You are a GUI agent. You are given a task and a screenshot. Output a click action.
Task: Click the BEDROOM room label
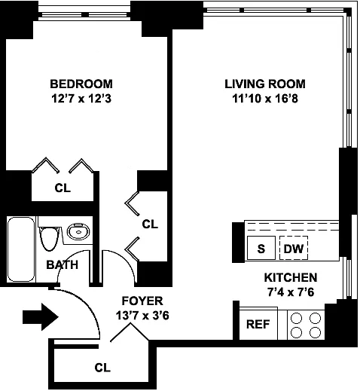tap(81, 84)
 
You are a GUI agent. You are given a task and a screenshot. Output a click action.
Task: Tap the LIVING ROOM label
tap(265, 84)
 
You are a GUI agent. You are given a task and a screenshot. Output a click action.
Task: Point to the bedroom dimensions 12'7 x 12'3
tap(81, 99)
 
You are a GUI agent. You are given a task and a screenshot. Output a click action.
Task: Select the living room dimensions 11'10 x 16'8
tap(265, 99)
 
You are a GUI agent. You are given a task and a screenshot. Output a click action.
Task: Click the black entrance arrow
tap(41, 317)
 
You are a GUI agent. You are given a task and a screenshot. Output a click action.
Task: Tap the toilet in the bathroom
tap(50, 238)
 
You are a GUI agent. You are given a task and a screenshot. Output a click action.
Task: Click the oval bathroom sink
tap(78, 231)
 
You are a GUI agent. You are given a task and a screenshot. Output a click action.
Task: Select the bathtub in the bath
tap(21, 249)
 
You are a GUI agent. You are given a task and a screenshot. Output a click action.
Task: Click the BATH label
tap(63, 265)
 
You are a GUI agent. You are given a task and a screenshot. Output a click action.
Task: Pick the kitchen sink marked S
tap(261, 248)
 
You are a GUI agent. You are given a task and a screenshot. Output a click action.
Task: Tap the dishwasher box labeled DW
tap(294, 248)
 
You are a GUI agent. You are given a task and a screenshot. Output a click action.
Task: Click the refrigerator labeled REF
tap(258, 324)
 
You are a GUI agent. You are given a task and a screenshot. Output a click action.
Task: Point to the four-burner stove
tap(306, 325)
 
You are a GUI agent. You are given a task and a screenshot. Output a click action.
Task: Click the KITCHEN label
tap(291, 277)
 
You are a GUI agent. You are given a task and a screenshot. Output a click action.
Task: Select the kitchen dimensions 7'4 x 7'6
tap(291, 292)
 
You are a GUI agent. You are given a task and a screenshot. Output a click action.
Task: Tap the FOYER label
tap(142, 301)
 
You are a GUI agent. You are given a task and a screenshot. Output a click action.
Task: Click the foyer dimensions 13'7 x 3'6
tap(142, 316)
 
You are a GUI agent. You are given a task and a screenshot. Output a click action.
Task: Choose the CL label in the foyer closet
tap(102, 368)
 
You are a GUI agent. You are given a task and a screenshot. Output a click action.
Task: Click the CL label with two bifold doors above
tap(63, 188)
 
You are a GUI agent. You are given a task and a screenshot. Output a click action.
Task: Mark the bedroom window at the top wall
tap(84, 14)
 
